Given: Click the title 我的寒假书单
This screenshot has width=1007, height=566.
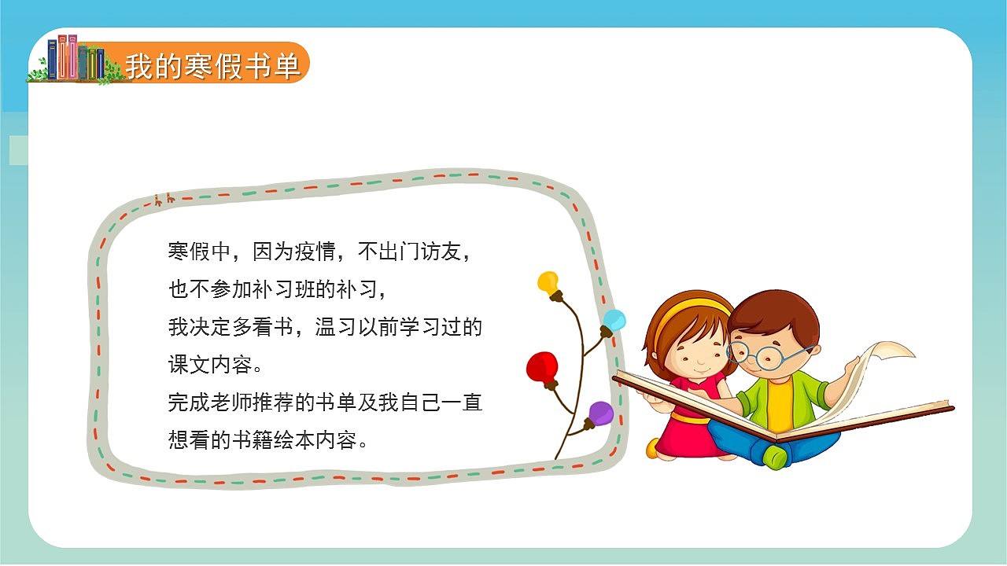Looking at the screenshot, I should point(212,66).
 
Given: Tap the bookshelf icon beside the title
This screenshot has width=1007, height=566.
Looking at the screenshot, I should point(76,59).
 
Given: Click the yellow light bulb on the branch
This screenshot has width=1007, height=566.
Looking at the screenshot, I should point(548,283).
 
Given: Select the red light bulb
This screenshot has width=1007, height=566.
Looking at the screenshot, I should point(542,367).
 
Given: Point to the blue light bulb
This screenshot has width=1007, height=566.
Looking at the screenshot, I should point(614,321).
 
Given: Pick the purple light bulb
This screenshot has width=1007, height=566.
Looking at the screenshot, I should point(600,413).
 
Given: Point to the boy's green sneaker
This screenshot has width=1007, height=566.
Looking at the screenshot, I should point(774,456).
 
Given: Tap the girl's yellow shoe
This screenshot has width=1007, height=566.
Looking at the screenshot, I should point(652,448).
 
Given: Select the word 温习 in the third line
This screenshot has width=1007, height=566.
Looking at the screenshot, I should point(335,327).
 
